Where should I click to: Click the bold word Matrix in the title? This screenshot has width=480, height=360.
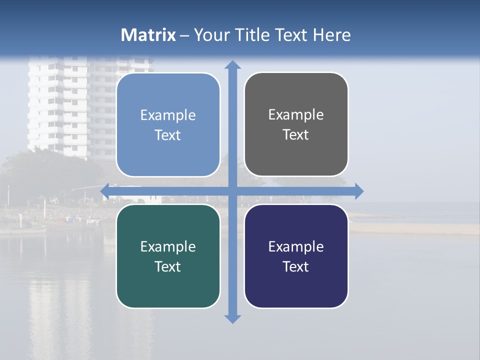click(148, 35)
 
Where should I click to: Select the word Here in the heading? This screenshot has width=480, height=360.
click(331, 35)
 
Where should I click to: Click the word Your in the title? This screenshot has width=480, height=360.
click(211, 35)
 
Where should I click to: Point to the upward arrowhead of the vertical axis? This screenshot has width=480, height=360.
click(232, 65)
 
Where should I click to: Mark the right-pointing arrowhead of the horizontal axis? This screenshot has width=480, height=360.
click(358, 191)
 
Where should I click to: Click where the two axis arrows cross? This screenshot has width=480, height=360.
click(232, 191)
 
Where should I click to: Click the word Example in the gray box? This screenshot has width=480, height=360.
click(296, 115)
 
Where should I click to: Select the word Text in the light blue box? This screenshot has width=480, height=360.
click(168, 135)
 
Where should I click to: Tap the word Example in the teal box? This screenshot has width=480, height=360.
click(168, 246)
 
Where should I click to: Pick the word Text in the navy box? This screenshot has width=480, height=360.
click(296, 266)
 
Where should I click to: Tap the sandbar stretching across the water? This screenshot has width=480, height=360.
click(415, 228)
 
